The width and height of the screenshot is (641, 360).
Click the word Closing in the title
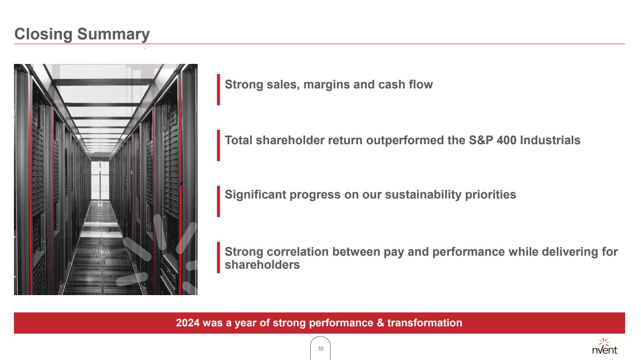click(x=43, y=35)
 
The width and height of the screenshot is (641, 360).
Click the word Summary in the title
click(x=113, y=35)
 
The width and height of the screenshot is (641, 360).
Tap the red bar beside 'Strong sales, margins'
click(x=218, y=89)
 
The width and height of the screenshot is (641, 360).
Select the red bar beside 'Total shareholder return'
click(x=218, y=145)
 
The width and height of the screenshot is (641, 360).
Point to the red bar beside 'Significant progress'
click(x=218, y=201)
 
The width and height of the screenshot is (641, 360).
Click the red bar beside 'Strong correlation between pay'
click(x=218, y=257)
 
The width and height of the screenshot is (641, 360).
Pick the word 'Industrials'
click(x=550, y=140)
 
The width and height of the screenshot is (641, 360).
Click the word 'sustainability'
click(x=423, y=195)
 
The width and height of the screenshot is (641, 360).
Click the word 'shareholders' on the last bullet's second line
click(x=262, y=264)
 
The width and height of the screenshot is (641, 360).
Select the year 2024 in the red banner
click(x=188, y=323)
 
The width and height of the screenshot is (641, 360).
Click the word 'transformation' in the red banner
click(x=425, y=323)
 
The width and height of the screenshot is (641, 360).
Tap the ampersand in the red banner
click(x=380, y=323)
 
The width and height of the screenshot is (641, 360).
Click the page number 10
click(x=320, y=348)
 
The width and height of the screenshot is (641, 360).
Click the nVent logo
click(x=604, y=346)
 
